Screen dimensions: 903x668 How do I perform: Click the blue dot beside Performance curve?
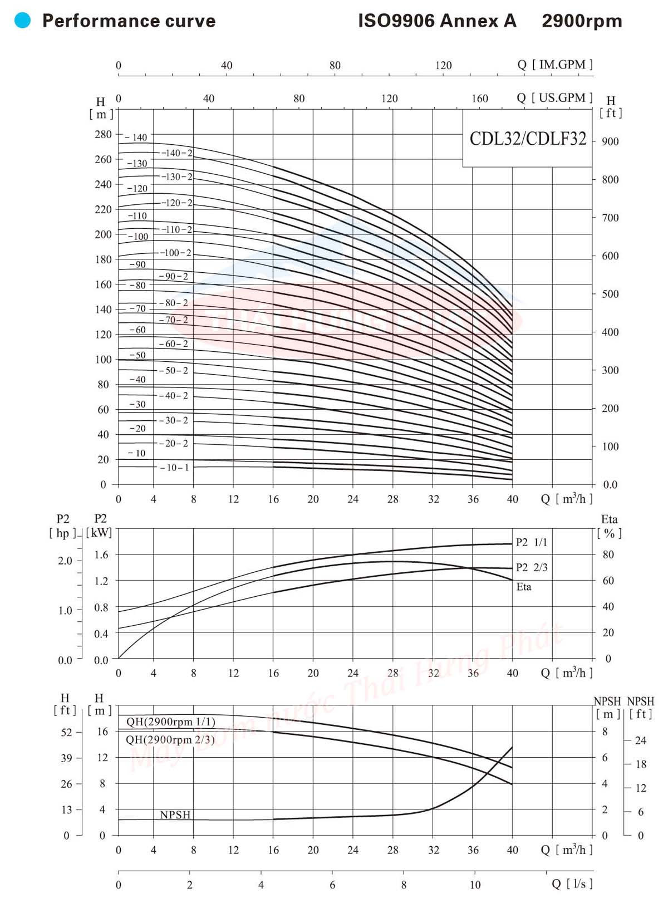(x=22, y=21)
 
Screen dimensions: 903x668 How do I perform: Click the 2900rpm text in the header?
(x=582, y=21)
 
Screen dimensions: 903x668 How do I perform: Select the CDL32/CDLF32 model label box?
(x=528, y=139)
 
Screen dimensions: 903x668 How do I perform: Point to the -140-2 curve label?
(x=177, y=153)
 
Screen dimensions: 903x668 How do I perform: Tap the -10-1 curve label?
(x=174, y=468)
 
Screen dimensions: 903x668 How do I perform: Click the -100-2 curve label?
(x=176, y=253)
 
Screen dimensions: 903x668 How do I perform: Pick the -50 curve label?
(x=137, y=355)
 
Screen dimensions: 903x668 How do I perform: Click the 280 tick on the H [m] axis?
(x=103, y=134)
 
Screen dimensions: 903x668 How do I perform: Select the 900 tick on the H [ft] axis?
(x=610, y=141)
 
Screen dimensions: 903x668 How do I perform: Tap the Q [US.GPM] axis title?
(x=554, y=98)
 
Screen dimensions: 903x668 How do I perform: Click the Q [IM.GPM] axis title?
(x=554, y=65)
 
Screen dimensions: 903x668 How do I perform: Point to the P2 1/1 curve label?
(x=532, y=542)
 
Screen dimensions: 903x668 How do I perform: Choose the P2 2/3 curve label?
(x=532, y=567)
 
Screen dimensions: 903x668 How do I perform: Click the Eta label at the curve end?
(x=524, y=587)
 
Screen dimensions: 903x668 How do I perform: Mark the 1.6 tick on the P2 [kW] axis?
(x=101, y=554)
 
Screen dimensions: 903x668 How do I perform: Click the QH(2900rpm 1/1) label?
(x=170, y=722)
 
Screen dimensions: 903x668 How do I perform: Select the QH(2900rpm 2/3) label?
(x=170, y=740)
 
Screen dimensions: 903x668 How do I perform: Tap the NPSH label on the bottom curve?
(x=175, y=815)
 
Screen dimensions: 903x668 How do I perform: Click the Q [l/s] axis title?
(x=572, y=884)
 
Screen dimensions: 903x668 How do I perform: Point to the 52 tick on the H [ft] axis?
(x=67, y=732)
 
